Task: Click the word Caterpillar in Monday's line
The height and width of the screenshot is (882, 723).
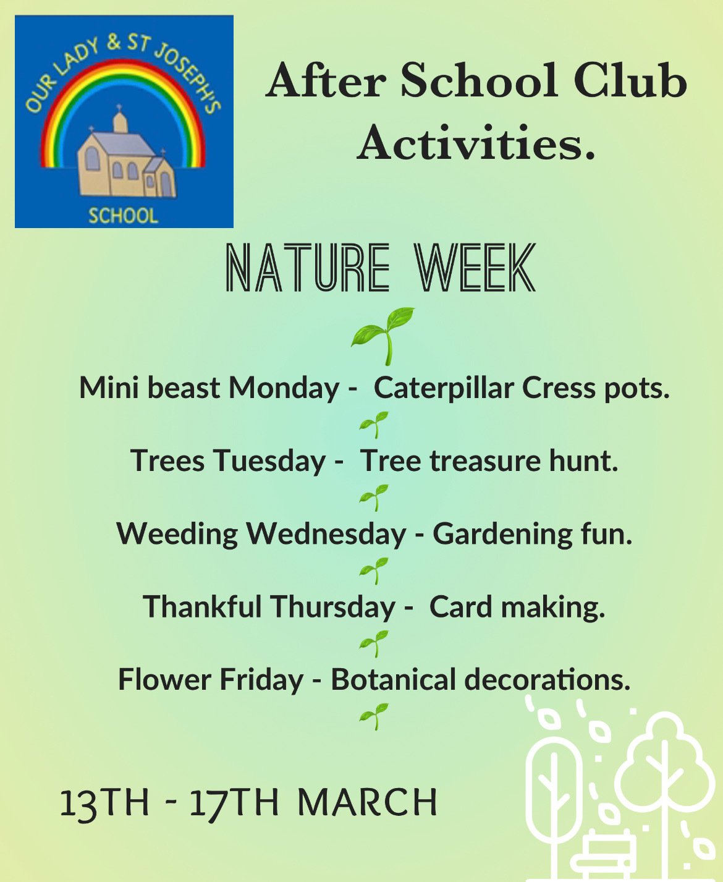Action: click(x=444, y=389)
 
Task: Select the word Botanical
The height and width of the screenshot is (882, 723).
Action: click(x=394, y=680)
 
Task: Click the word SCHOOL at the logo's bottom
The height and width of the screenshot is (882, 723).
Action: click(x=124, y=216)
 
